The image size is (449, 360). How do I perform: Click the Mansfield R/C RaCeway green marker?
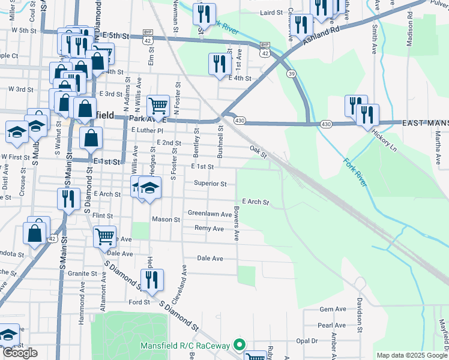tap(240, 345)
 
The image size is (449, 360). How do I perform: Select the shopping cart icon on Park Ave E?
tap(158, 106)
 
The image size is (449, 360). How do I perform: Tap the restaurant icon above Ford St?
tap(152, 280)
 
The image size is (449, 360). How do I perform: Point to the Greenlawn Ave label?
tap(209, 214)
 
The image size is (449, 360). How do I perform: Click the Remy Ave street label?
tap(209, 228)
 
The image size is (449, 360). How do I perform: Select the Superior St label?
tap(210, 184)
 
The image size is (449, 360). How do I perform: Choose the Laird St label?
tap(271, 12)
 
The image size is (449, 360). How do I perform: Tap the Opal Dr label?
tap(307, 341)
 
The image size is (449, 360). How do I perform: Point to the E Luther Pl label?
tap(147, 130)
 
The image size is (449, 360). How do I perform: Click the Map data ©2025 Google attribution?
tap(412, 355)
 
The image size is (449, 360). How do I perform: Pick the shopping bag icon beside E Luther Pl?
tap(90, 137)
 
